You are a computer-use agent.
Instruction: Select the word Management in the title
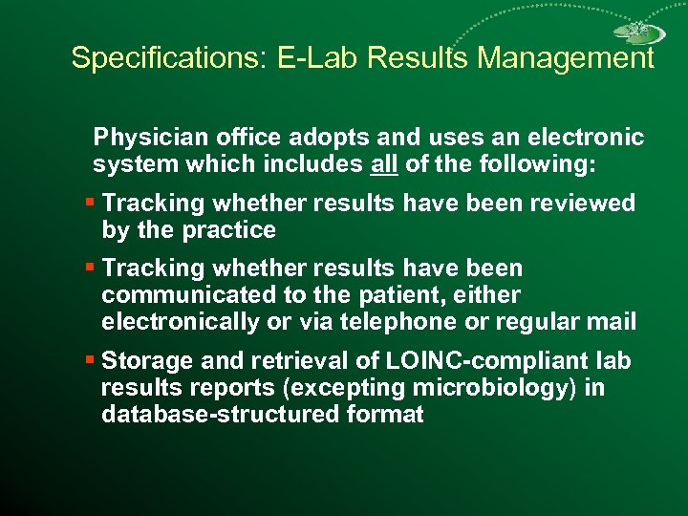pyautogui.click(x=566, y=58)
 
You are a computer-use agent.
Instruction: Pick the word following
pyautogui.click(x=542, y=164)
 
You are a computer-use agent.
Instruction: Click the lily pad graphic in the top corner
pyautogui.click(x=639, y=34)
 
